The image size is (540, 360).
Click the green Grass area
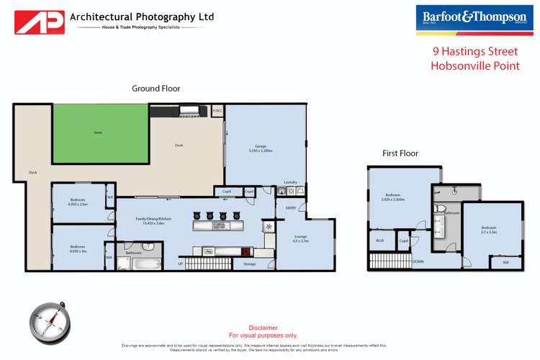(x=96, y=133)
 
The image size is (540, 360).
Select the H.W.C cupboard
(x=217, y=111)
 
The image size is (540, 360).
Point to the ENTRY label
(x=291, y=208)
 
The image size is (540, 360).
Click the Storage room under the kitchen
(x=249, y=264)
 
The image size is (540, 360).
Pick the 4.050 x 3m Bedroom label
(x=78, y=248)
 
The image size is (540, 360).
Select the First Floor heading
(x=400, y=153)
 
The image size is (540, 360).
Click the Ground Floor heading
(x=156, y=89)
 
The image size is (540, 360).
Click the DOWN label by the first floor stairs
(x=417, y=261)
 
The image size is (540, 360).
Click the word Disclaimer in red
(x=263, y=328)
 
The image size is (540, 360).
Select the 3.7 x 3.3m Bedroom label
(x=490, y=230)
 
